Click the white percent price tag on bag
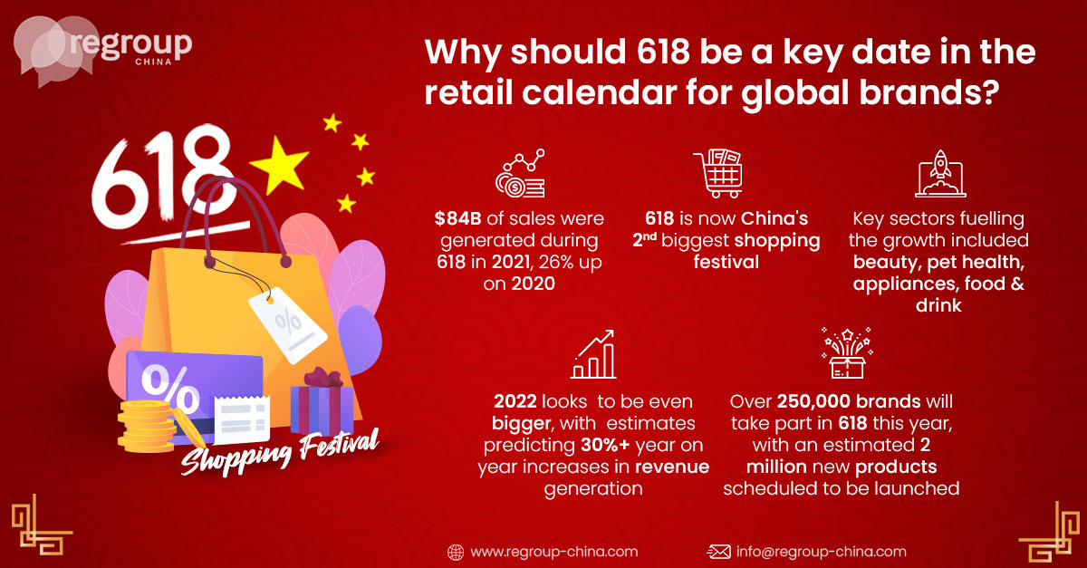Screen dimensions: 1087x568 tap(288, 324)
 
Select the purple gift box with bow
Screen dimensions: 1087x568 tap(322, 402)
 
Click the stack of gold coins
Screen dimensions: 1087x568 tap(147, 427)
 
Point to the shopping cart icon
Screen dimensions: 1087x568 tap(718, 173)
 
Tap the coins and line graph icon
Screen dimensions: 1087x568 tap(520, 173)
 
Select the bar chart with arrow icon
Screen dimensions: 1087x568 tap(593, 354)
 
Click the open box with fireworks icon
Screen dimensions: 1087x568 tap(847, 353)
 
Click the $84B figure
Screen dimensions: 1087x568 tap(457, 218)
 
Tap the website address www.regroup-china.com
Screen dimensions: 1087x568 tap(553, 552)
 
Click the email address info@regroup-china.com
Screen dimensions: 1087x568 tap(821, 552)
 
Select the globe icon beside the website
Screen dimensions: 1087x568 tap(456, 552)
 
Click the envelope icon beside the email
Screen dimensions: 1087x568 tap(718, 552)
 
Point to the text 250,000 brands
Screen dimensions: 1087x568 tap(849, 401)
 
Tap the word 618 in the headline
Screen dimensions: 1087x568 tap(663, 52)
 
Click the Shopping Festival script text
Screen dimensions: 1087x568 tap(280, 451)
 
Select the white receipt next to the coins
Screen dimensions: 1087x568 tap(242, 419)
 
